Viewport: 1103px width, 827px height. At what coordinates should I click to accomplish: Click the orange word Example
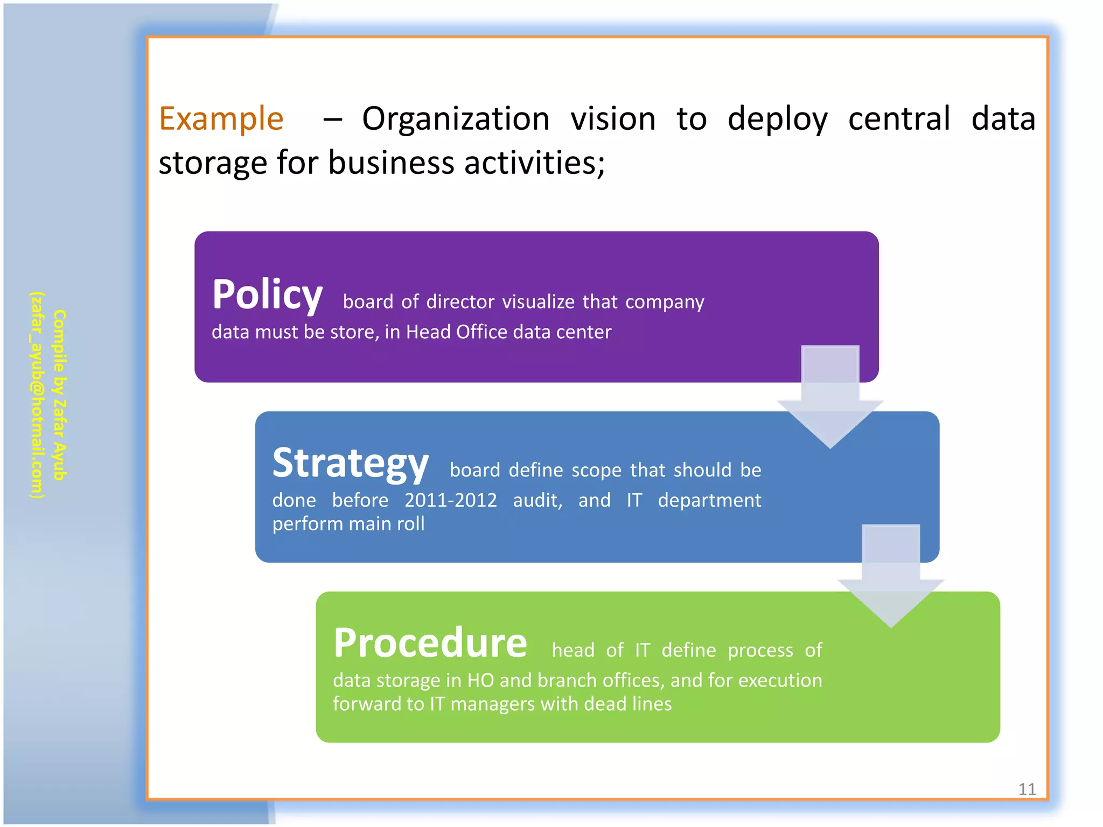(x=221, y=119)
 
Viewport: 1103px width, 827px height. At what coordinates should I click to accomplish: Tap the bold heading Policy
(x=267, y=295)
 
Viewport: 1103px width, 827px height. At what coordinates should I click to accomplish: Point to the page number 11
(x=1027, y=789)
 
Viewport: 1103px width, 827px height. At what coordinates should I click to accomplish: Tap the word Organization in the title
(x=455, y=119)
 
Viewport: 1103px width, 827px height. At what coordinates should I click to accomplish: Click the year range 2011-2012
(x=450, y=501)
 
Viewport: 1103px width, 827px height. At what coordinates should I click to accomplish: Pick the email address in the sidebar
(x=37, y=395)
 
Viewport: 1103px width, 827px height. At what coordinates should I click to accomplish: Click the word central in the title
(x=899, y=119)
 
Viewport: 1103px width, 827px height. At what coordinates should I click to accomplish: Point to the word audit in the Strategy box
(x=537, y=501)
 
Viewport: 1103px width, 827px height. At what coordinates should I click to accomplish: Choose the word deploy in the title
(x=777, y=120)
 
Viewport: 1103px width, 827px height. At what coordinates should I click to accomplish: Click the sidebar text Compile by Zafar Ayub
(x=59, y=395)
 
